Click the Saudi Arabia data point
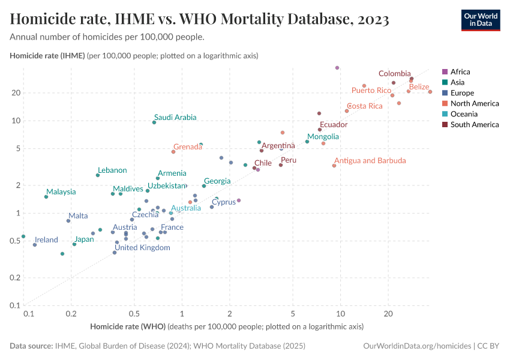[x=154, y=122]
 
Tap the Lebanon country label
[x=112, y=170]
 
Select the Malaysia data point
[x=46, y=197]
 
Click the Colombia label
[x=394, y=74]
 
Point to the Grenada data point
[x=173, y=152]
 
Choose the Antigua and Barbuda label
[x=370, y=161]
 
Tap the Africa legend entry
[x=460, y=71]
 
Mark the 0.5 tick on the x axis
[x=134, y=313]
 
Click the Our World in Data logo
[x=480, y=20]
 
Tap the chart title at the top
[x=200, y=20]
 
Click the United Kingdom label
[x=142, y=248]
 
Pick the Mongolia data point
[x=307, y=142]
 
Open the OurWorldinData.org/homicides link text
[x=418, y=346]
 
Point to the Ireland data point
[x=35, y=245]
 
